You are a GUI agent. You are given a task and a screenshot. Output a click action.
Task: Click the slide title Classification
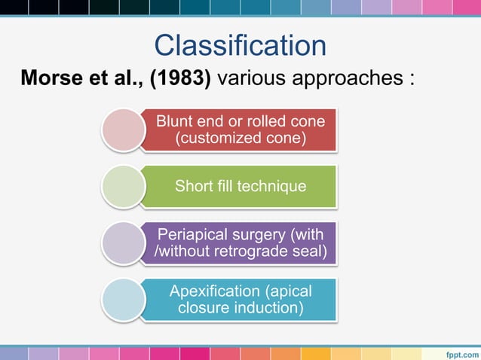click(240, 45)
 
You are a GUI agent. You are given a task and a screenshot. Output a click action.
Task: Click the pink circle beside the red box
click(123, 130)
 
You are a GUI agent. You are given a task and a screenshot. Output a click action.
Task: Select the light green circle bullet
click(123, 186)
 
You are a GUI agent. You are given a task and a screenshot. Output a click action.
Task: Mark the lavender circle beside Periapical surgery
click(123, 243)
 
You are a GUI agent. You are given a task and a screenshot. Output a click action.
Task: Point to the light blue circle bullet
click(123, 299)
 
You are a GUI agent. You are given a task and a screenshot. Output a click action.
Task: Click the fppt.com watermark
click(460, 352)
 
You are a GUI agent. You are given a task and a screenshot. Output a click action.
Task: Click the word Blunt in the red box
click(173, 121)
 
